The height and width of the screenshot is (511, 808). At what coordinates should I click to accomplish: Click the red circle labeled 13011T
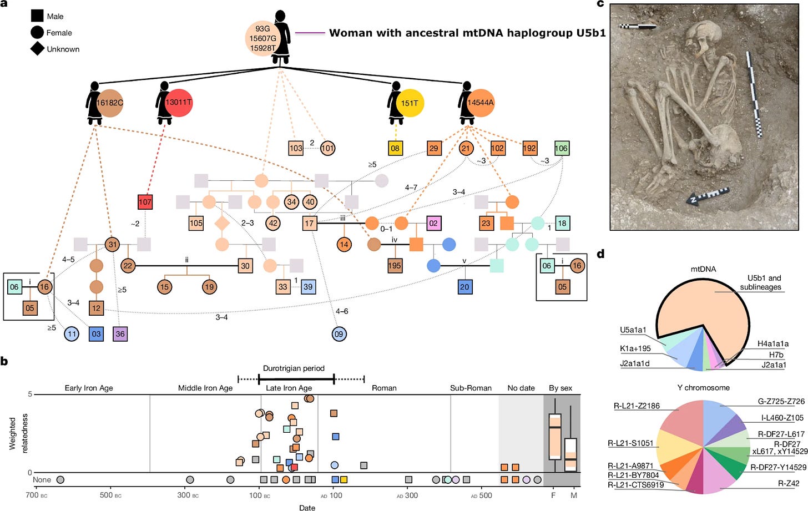[x=179, y=103]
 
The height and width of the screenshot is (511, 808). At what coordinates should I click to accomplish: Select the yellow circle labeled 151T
[x=411, y=103]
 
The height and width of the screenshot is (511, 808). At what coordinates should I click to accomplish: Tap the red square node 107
[x=145, y=202]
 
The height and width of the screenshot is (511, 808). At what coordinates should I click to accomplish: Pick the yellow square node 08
[x=395, y=148]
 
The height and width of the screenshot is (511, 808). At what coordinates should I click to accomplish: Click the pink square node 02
[x=433, y=223]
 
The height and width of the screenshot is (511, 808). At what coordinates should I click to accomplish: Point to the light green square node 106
[x=562, y=148]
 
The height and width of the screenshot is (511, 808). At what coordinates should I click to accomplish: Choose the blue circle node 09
[x=339, y=334]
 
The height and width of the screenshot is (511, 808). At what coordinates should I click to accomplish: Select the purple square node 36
[x=120, y=334]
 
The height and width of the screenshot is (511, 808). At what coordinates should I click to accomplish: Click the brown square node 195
[x=395, y=266]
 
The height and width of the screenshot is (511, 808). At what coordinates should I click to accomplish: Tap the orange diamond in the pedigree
[x=222, y=223]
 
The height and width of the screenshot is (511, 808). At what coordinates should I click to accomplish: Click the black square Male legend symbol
[x=37, y=16]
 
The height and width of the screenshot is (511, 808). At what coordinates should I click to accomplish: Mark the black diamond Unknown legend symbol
[x=37, y=49]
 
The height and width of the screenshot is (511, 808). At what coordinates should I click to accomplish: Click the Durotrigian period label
[x=294, y=368]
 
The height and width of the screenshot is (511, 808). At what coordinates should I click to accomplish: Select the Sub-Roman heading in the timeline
[x=471, y=388]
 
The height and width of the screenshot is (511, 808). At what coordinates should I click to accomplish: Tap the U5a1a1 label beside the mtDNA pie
[x=633, y=330]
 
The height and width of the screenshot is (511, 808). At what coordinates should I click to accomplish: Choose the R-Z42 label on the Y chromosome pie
[x=789, y=484]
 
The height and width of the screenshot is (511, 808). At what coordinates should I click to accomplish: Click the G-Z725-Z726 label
[x=781, y=401]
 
